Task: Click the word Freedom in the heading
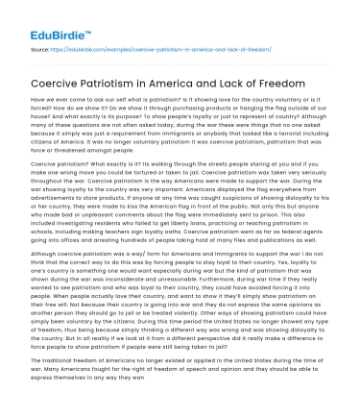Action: (x=311, y=87)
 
